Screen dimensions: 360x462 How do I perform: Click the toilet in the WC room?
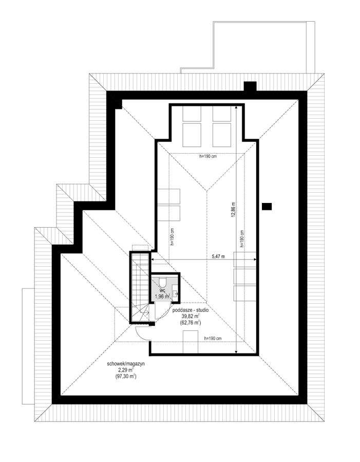click(x=162, y=282)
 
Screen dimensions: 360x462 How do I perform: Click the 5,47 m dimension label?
click(x=218, y=256)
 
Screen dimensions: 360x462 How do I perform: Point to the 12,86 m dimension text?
click(x=233, y=210)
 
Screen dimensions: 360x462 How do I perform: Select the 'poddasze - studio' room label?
click(x=191, y=310)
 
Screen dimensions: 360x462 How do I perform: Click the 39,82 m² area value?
click(x=191, y=316)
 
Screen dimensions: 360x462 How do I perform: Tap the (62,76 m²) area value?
click(x=191, y=323)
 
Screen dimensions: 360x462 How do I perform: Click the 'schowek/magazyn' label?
click(x=126, y=364)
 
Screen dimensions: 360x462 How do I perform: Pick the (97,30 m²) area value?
click(x=126, y=376)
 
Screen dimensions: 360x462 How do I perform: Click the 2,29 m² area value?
click(x=126, y=370)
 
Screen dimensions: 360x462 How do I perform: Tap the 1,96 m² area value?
click(x=162, y=297)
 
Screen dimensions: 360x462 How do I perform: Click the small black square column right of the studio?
click(x=267, y=207)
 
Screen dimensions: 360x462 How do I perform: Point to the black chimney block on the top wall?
click(x=250, y=86)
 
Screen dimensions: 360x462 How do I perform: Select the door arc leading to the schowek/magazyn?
click(x=140, y=335)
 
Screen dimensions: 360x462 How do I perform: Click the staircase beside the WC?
click(x=140, y=287)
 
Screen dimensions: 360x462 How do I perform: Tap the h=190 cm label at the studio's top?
click(x=208, y=156)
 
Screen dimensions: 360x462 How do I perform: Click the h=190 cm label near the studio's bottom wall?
click(x=213, y=339)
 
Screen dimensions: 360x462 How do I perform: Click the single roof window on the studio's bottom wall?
click(x=190, y=342)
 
